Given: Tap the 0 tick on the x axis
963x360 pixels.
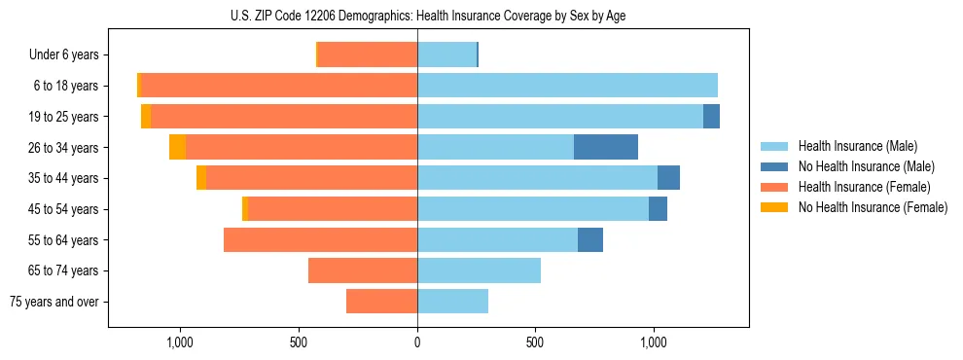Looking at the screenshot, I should (x=417, y=342).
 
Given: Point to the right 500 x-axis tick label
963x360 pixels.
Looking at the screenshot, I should (x=535, y=342).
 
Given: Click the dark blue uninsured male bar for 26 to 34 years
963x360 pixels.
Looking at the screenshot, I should (x=606, y=147).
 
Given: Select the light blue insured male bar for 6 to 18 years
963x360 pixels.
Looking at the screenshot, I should (x=567, y=86).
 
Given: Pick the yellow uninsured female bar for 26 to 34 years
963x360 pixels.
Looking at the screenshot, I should (x=177, y=147).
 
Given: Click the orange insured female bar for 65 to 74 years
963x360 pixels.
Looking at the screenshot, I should (x=363, y=270).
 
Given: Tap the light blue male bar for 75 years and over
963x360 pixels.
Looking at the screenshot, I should (x=452, y=302).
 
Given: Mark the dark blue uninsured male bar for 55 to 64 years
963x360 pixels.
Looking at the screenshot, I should (x=590, y=239).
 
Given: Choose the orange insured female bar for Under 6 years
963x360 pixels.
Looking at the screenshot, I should (x=368, y=54).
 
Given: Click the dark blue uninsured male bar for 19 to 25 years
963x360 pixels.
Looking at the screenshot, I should (x=711, y=117).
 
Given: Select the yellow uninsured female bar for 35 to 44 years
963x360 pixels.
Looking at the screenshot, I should (x=201, y=178).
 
